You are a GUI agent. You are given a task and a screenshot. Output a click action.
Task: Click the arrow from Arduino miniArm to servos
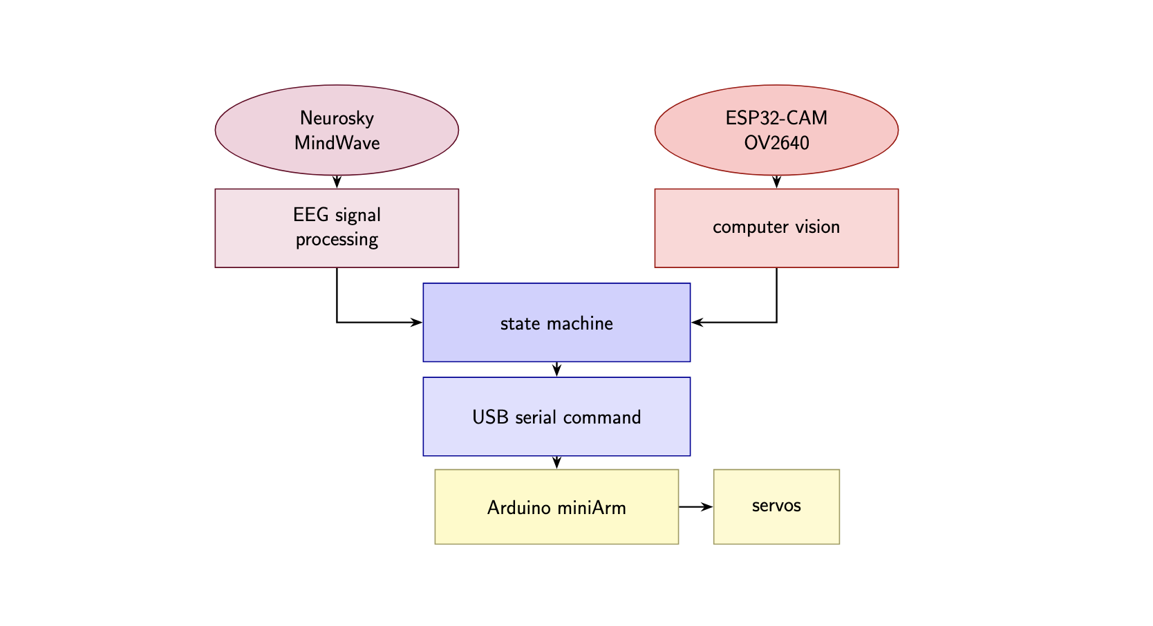click(696, 506)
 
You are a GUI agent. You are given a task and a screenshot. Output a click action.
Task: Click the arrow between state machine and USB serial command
click(556, 370)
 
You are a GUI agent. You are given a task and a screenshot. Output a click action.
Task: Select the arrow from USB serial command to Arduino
click(556, 462)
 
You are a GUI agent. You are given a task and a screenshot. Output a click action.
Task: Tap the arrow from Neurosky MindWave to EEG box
click(337, 182)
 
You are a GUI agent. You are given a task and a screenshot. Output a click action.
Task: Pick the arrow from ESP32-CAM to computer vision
click(776, 182)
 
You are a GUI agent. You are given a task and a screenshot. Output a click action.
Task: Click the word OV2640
click(776, 143)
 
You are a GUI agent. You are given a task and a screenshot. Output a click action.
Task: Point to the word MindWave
click(337, 143)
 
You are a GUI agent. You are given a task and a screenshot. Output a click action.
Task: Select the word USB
click(491, 417)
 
